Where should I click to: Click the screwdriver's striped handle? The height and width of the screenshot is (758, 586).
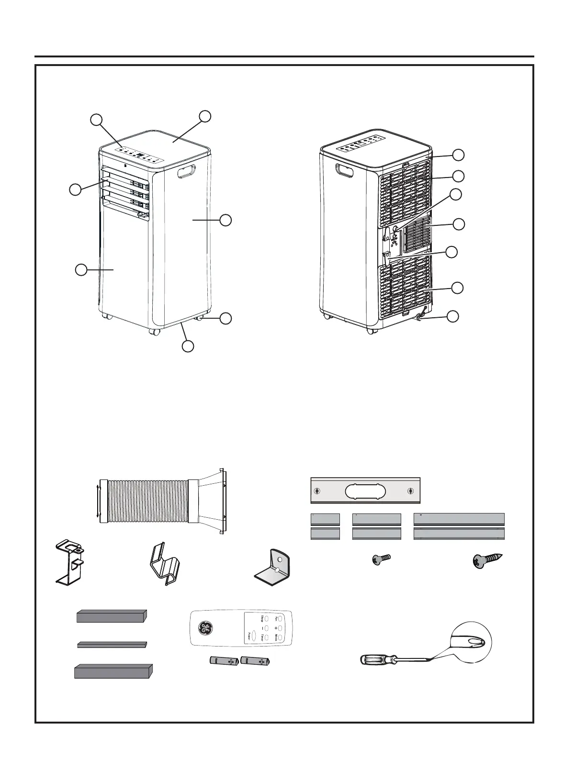376,660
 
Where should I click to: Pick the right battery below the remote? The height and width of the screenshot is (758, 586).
256,661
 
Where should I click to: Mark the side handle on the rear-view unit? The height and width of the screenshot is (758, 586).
343,170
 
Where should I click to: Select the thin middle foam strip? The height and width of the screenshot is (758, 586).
112,645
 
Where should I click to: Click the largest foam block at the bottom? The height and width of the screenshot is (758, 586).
113,671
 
